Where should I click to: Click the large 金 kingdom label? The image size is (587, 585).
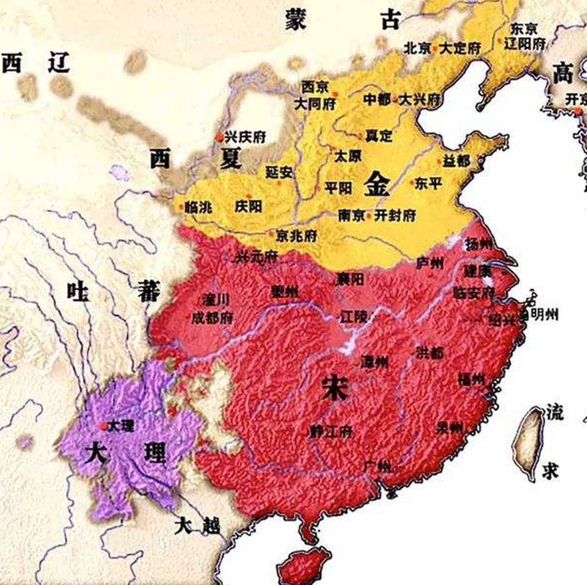(377, 184)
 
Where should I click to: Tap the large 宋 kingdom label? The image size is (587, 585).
(335, 388)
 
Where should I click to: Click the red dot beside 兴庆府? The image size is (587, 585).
(219, 137)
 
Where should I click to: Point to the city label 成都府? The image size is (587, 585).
(213, 318)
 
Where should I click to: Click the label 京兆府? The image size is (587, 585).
(297, 236)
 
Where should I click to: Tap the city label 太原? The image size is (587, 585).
(348, 156)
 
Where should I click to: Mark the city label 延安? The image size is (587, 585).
(279, 172)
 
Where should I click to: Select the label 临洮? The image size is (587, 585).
(198, 207)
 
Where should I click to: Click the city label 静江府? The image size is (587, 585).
(331, 431)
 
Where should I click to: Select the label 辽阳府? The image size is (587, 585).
(525, 44)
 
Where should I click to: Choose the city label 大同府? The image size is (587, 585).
(315, 104)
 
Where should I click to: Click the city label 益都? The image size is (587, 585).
(455, 161)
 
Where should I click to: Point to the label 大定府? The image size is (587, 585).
(460, 48)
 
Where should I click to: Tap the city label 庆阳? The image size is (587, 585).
(248, 206)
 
